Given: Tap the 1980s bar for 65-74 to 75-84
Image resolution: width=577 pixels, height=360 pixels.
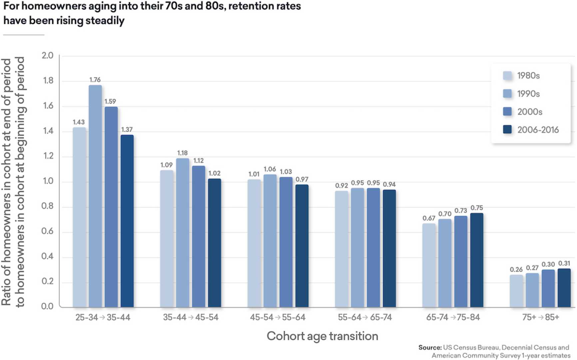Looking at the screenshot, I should (x=429, y=265).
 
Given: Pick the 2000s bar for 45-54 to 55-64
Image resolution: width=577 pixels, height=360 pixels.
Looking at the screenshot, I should (x=286, y=242).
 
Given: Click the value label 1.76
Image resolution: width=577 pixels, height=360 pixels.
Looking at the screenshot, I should (x=95, y=80).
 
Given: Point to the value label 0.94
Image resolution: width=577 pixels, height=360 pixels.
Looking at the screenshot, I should (x=389, y=184).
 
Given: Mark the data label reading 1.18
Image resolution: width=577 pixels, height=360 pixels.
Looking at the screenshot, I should (x=182, y=153).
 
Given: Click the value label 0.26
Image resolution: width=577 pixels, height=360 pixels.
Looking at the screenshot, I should (x=516, y=270).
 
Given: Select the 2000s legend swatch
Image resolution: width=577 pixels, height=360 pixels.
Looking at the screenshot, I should (x=507, y=111).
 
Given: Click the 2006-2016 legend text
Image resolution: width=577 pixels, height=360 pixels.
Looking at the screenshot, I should (x=538, y=130).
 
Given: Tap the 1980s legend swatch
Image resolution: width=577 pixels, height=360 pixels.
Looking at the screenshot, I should (x=507, y=76).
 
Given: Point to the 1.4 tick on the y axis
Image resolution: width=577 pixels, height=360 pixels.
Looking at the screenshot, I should (x=48, y=131).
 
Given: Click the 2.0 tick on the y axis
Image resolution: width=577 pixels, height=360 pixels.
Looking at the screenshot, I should (x=47, y=55).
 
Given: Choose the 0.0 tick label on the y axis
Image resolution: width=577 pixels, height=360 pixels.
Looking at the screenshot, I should (x=47, y=306).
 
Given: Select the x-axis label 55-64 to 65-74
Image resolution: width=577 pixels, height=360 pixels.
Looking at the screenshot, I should (x=365, y=317).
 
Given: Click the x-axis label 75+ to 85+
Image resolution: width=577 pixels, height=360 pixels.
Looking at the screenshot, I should (x=540, y=317).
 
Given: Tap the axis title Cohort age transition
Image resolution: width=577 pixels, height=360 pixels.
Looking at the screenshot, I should (x=322, y=336).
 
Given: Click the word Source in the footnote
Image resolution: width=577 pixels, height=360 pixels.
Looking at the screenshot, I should (x=429, y=348).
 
